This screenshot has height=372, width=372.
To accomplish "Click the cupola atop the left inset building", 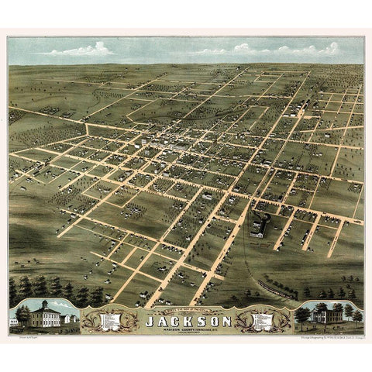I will tap(44, 303).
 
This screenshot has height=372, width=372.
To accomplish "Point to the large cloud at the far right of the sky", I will tap(329, 50).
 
